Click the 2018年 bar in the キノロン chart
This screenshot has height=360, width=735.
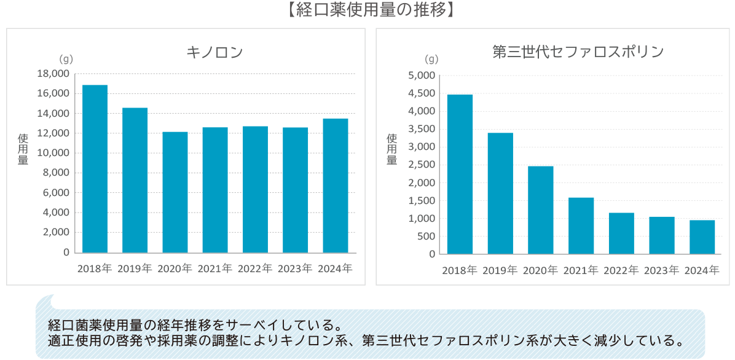(x=95, y=168)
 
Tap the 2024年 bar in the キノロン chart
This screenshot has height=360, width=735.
(x=336, y=185)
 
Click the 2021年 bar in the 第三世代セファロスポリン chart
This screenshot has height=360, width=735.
(x=581, y=225)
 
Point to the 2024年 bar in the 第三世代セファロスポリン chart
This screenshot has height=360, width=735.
(x=702, y=237)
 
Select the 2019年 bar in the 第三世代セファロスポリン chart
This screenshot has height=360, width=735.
(x=500, y=193)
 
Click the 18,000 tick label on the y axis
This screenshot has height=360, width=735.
(x=53, y=74)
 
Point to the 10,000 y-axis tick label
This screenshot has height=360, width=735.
(x=53, y=153)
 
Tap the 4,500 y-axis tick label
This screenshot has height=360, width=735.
(x=423, y=93)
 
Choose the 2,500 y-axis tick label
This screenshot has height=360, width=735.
(x=423, y=165)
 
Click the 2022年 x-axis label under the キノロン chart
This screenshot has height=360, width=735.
(x=255, y=268)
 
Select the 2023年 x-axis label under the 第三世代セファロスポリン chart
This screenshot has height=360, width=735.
(x=661, y=270)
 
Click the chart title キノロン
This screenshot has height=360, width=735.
(x=214, y=52)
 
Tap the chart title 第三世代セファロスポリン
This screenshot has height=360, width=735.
(x=578, y=52)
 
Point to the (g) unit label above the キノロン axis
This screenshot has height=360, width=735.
(x=66, y=60)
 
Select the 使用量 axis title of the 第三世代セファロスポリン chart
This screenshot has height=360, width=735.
(x=391, y=150)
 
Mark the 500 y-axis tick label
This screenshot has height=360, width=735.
(x=426, y=236)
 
